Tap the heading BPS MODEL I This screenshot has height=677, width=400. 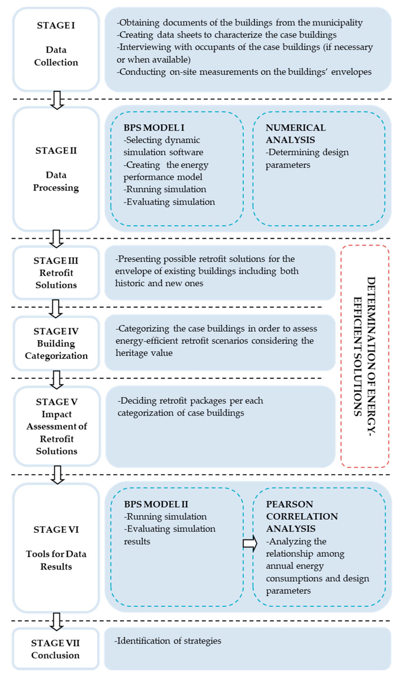(x=154, y=128)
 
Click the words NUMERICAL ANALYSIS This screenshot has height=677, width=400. (x=295, y=134)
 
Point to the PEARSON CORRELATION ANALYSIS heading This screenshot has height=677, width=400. (x=302, y=516)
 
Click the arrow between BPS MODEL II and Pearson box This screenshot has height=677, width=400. (x=250, y=543)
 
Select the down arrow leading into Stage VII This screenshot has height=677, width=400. (x=57, y=621)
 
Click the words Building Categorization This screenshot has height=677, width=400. (x=56, y=350)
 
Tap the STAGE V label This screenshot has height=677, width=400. (x=57, y=402)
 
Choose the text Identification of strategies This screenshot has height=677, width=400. (x=168, y=641)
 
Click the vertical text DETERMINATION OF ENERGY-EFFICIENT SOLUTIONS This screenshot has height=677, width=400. (x=364, y=356)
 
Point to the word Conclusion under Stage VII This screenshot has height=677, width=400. (x=55, y=655)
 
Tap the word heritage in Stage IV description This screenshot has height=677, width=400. (x=129, y=353)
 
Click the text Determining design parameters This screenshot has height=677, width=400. (x=307, y=158)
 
